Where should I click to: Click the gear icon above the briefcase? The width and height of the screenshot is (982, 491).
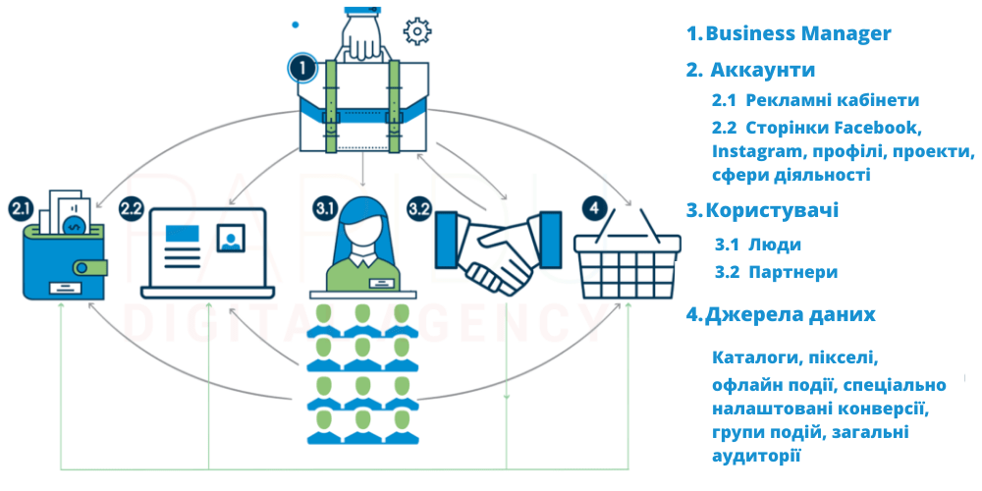[x=417, y=31]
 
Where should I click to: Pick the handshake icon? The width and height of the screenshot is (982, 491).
[x=498, y=251]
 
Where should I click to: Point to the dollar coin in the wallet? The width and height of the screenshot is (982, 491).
[x=75, y=224]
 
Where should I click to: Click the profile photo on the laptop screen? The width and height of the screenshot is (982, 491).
[x=231, y=238]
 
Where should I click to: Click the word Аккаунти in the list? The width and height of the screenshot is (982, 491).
[x=763, y=70]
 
